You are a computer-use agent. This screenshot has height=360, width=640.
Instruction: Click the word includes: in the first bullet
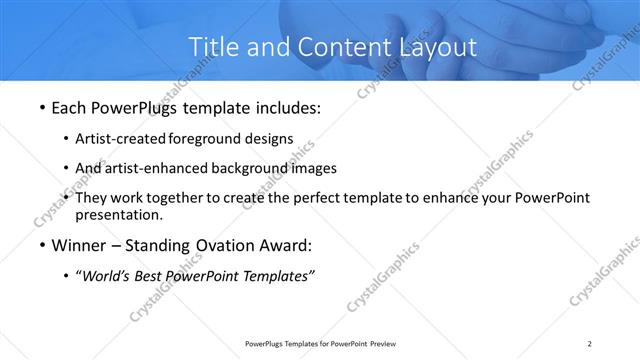click(x=285, y=108)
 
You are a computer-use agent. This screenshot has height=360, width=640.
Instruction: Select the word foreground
click(x=206, y=139)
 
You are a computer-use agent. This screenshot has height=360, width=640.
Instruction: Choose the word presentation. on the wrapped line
click(x=118, y=214)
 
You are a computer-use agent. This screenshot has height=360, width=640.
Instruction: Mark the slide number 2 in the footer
click(x=590, y=344)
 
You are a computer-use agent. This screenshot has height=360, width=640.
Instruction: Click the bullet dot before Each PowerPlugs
click(x=41, y=108)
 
